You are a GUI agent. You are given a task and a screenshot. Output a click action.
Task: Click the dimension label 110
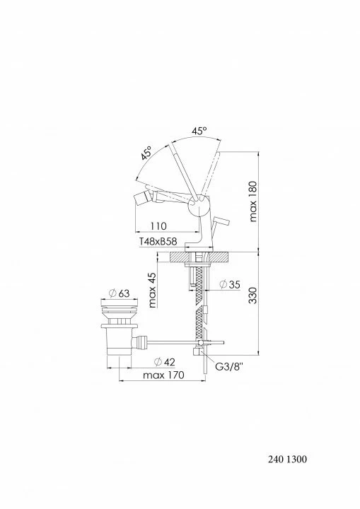click(158, 226)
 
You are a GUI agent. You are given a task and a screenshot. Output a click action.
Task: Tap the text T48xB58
click(158, 242)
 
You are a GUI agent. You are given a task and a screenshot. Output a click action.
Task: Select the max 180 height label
click(253, 201)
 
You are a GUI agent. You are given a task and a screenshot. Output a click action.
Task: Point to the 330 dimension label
click(253, 295)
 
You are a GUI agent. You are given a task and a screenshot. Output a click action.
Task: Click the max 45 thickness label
click(152, 290)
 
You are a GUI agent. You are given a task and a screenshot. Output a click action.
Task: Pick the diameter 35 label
click(230, 284)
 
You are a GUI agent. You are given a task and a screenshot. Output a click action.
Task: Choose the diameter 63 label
click(119, 293)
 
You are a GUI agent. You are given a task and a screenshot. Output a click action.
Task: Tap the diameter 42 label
click(164, 362)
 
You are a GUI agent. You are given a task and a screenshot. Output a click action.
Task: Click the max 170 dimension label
click(164, 375)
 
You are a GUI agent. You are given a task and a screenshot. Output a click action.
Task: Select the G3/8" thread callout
click(229, 367)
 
